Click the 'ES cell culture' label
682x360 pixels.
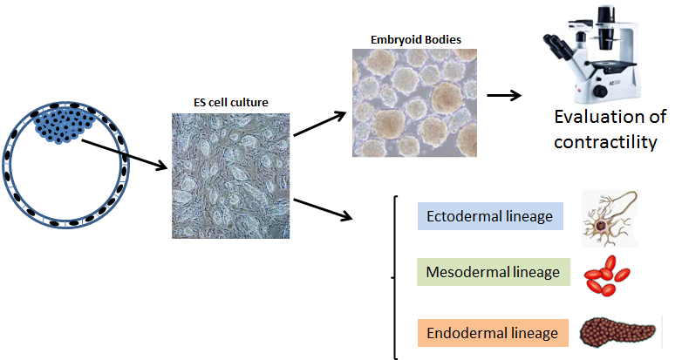click(230, 103)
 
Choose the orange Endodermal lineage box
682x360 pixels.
click(492, 332)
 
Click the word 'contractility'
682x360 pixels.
click(607, 141)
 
